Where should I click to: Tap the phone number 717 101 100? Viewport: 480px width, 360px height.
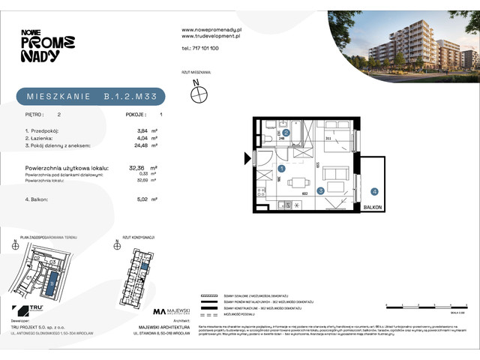[x=200, y=48]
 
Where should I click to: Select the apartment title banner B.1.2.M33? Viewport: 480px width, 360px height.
[x=90, y=96]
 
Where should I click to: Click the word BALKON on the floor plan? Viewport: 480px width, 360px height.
[x=372, y=206]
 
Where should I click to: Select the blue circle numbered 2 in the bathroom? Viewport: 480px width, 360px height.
[x=286, y=132]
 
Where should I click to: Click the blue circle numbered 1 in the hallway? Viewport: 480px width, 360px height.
[x=280, y=169]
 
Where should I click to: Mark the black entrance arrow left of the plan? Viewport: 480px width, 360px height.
[x=245, y=157]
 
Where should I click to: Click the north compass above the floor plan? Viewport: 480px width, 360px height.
[x=199, y=93]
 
